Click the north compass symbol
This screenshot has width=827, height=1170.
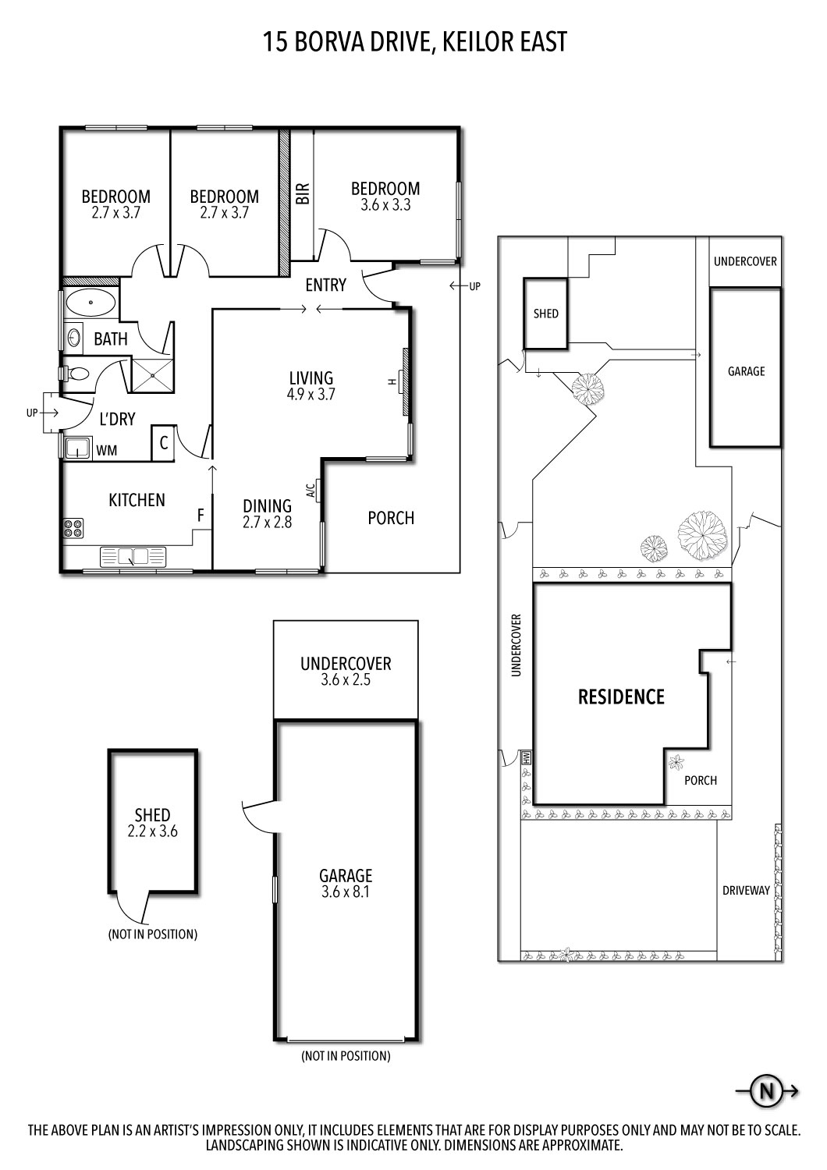click(766, 1090)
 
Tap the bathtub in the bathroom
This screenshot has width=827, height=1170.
click(90, 302)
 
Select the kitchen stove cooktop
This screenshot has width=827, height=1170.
click(73, 528)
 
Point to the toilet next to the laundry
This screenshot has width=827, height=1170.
click(76, 374)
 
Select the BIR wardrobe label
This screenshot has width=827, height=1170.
click(303, 193)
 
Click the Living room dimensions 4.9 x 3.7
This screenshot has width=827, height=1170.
click(311, 395)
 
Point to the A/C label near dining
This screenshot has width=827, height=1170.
click(310, 490)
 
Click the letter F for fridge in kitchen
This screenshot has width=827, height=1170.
click(201, 515)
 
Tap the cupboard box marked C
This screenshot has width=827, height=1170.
click(163, 443)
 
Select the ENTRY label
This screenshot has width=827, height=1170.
click(325, 285)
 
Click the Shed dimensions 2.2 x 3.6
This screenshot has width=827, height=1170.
click(152, 831)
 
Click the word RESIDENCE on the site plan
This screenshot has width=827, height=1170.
click(621, 697)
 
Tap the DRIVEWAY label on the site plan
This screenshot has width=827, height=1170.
click(746, 890)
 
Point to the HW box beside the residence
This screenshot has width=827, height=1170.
click(526, 756)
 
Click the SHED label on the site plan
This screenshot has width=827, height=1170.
click(545, 314)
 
